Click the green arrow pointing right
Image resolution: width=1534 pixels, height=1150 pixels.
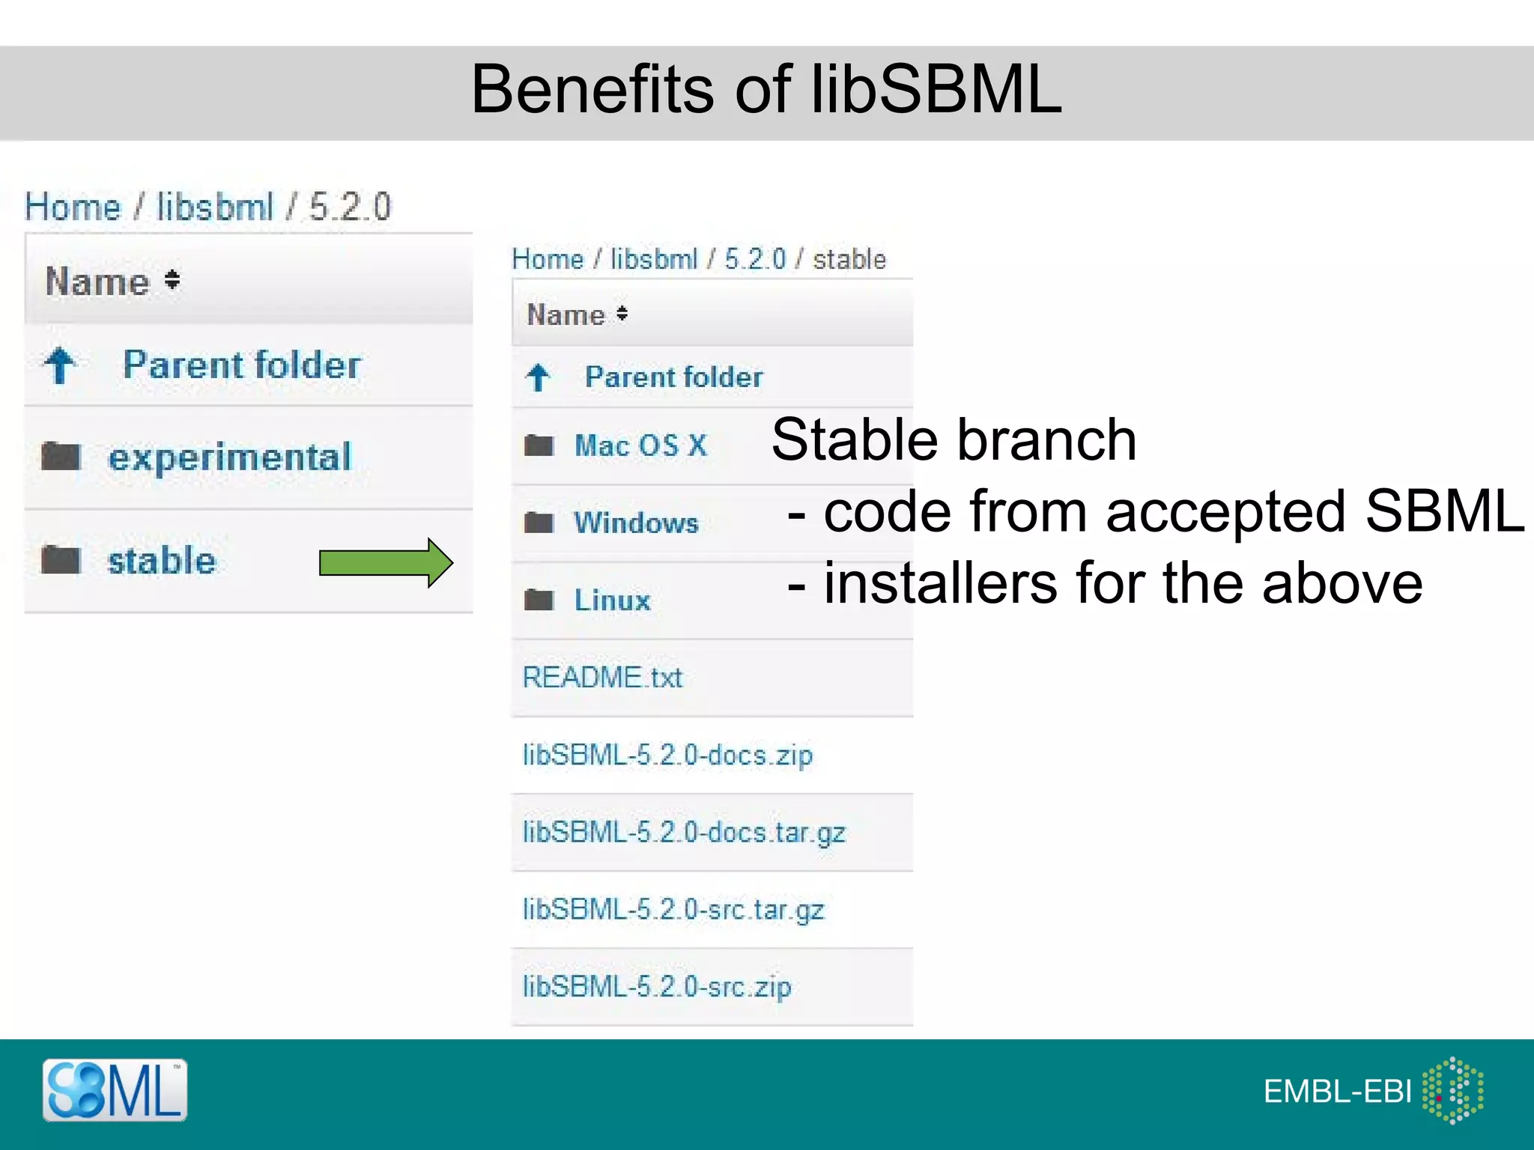(386, 562)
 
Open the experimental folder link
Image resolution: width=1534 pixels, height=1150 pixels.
(229, 457)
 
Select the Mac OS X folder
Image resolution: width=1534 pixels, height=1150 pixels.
(640, 445)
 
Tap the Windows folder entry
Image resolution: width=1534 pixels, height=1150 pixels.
(636, 523)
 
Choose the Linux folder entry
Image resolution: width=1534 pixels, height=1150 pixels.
(612, 600)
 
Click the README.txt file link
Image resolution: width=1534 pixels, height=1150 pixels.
(602, 678)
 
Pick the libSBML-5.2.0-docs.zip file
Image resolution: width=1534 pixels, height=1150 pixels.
(667, 755)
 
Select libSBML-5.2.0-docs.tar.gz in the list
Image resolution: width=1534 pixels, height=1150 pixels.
(684, 833)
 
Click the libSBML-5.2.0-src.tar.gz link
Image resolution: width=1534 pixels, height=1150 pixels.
(673, 910)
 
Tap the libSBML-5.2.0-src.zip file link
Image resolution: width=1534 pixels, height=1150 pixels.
(657, 987)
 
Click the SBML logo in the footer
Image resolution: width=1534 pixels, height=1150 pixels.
(115, 1090)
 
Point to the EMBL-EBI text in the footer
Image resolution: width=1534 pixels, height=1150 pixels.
(1337, 1092)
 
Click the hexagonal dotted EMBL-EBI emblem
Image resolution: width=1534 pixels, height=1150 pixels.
(1453, 1090)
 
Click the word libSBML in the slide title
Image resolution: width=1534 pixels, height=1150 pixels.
(936, 89)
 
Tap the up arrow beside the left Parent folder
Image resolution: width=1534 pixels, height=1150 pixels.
(60, 365)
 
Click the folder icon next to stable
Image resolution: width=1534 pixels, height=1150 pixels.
(61, 560)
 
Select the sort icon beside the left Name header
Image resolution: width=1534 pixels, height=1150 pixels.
(172, 280)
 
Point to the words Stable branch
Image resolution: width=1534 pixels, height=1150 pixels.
(954, 439)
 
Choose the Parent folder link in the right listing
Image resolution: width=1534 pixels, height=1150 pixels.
(673, 377)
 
